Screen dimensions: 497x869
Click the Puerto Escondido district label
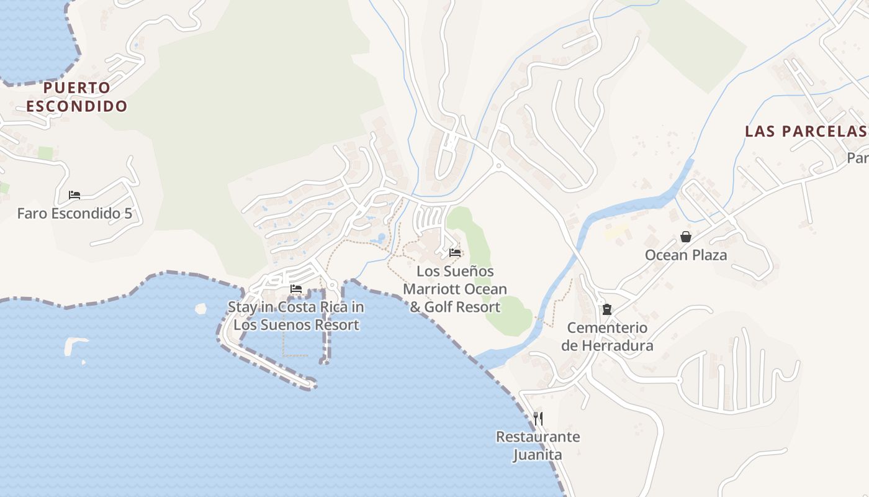[77, 96]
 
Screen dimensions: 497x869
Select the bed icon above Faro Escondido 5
[74, 195]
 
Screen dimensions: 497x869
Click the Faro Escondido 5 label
[74, 214]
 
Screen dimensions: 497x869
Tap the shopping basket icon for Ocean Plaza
[686, 237]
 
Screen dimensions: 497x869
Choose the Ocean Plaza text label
[686, 255]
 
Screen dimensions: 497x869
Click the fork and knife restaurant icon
[538, 418]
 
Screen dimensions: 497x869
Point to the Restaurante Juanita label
[538, 445]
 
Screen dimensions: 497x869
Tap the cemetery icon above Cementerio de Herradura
[607, 309]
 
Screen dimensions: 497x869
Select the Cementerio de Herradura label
[607, 336]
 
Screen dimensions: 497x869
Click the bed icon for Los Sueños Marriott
[455, 253]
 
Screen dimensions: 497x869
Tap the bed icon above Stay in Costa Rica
[296, 289]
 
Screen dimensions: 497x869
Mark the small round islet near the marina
[200, 308]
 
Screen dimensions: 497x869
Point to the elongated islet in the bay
[75, 344]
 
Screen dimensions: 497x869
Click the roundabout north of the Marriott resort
[498, 165]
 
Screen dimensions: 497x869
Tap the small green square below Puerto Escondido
[45, 153]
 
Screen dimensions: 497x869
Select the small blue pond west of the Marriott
[377, 238]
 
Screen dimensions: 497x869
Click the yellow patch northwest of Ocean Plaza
[616, 232]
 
